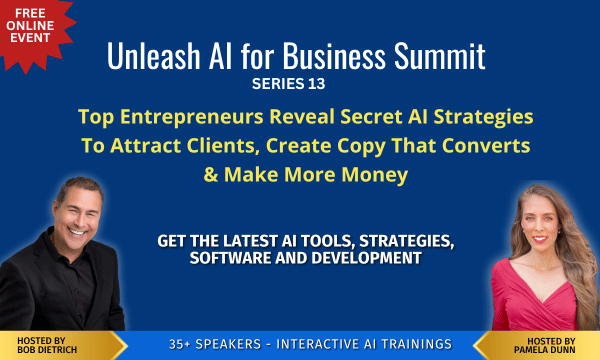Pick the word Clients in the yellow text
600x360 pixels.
(x=226, y=145)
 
